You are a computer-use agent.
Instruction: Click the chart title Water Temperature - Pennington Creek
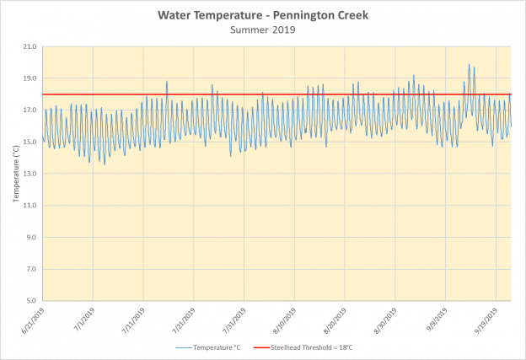click(263, 15)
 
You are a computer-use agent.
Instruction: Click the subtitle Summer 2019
click(263, 30)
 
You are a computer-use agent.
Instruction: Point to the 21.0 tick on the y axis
click(30, 46)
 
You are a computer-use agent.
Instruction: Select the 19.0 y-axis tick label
click(30, 78)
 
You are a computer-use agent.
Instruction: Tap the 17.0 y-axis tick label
click(30, 110)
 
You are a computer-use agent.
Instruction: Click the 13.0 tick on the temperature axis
click(30, 174)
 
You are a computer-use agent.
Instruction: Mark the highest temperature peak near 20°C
click(470, 64)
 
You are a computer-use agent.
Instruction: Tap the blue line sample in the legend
click(185, 347)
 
